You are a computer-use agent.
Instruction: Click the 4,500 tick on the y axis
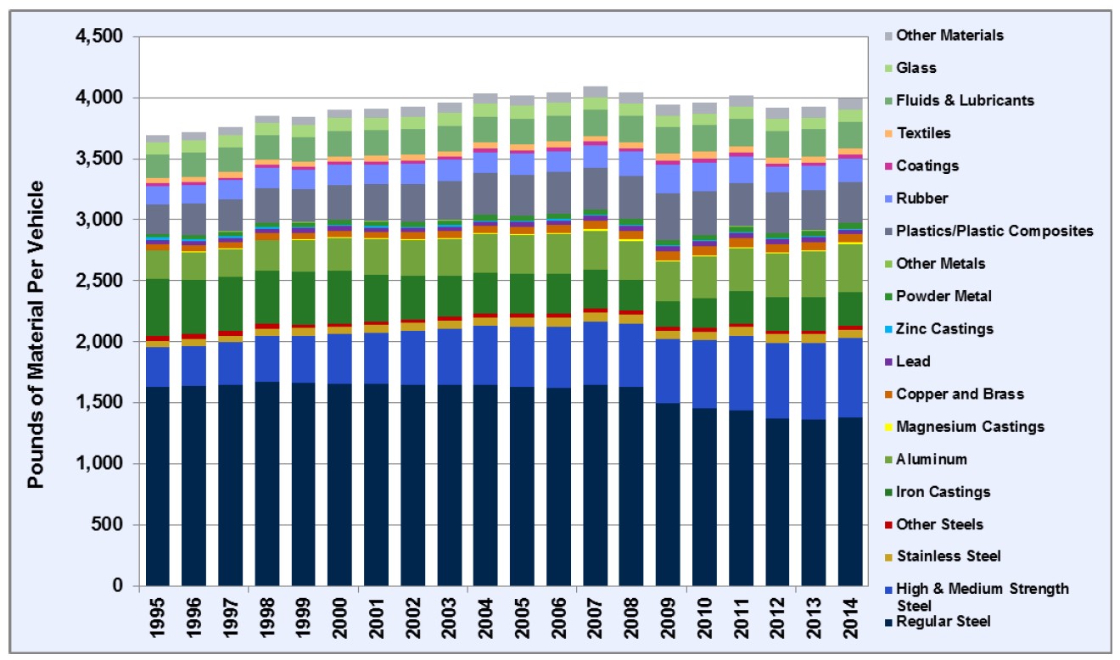pos(98,37)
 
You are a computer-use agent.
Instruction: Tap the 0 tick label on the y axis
pos(118,586)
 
